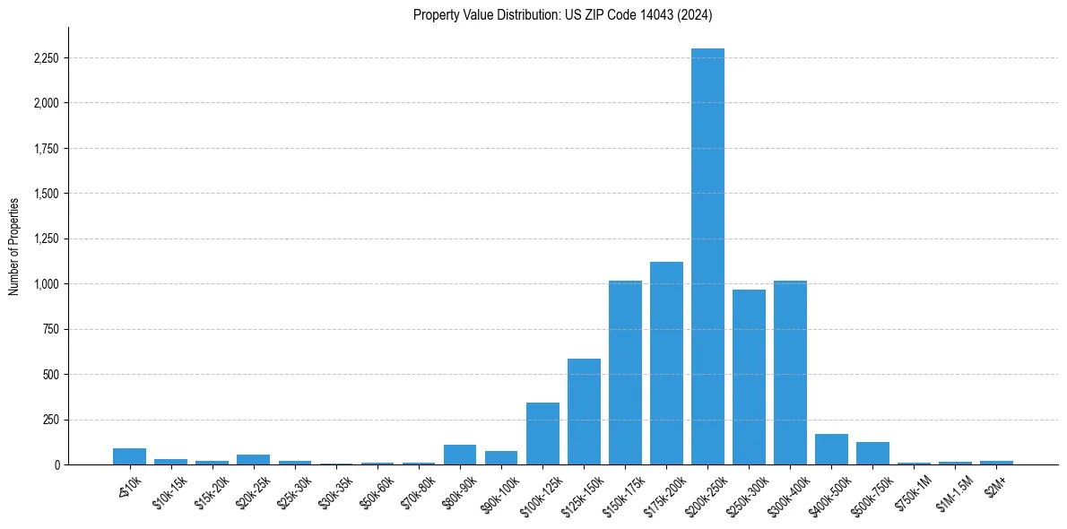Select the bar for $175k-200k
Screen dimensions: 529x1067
[666, 363]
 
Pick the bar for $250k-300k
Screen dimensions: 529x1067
[749, 377]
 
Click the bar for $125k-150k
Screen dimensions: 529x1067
[584, 412]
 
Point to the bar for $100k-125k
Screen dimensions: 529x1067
[542, 434]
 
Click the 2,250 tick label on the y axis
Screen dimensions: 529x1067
[46, 58]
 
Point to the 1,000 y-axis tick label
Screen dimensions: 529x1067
[46, 284]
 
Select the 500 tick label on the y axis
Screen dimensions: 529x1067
[51, 375]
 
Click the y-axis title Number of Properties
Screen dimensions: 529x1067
[14, 247]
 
